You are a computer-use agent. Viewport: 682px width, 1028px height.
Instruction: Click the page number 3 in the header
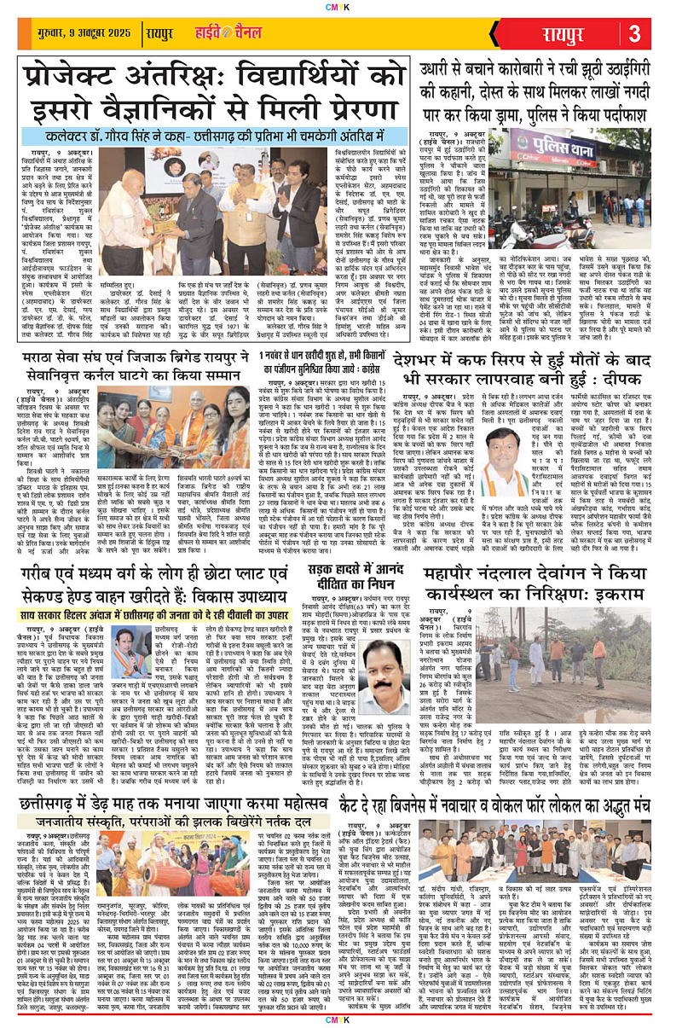(x=635, y=33)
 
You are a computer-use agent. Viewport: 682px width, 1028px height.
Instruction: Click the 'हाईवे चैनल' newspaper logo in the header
(x=226, y=33)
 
